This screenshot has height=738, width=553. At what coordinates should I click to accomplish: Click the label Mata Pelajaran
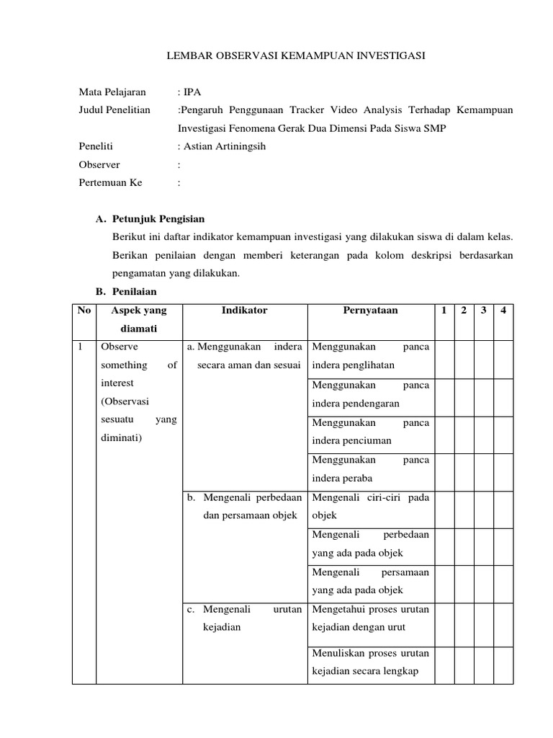[x=112, y=92]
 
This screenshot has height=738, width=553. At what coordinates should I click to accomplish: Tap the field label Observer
[x=99, y=164]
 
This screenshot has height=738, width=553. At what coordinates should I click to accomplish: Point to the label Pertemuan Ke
[x=111, y=183]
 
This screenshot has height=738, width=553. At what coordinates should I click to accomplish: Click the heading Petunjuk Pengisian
[x=158, y=219]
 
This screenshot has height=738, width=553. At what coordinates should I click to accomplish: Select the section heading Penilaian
[x=135, y=292]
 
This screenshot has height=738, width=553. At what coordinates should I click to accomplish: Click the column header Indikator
[x=245, y=311]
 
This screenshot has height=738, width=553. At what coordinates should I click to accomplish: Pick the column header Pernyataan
[x=370, y=311]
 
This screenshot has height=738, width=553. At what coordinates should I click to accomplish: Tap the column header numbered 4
[x=503, y=311]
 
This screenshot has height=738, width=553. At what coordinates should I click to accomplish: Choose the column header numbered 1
[x=444, y=311]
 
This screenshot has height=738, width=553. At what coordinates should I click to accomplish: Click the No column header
[x=84, y=311]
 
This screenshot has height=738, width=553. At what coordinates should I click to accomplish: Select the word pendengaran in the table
[x=367, y=403]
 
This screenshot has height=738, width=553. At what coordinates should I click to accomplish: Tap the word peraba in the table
[x=357, y=478]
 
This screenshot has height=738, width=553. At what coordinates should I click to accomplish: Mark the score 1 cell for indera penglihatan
[x=444, y=357]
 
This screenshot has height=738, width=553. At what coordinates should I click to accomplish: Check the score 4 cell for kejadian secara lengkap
[x=503, y=664]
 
